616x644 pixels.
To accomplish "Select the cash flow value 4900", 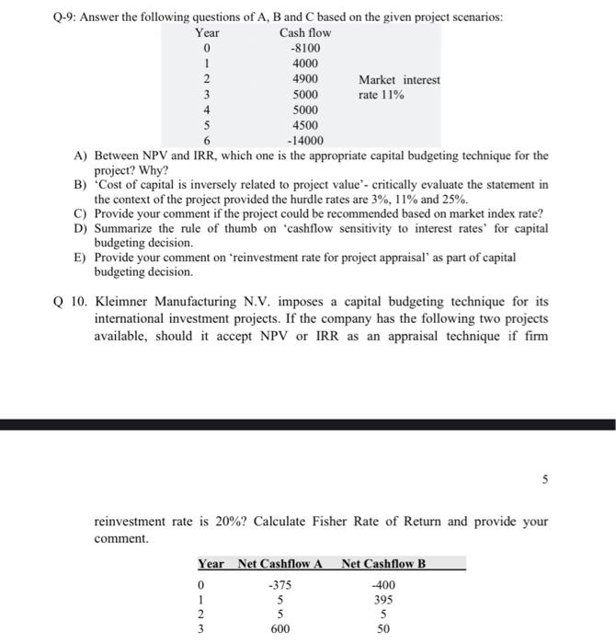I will [x=305, y=79].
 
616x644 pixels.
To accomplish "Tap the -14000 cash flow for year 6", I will [x=305, y=141].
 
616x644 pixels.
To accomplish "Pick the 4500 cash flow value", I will [x=305, y=125].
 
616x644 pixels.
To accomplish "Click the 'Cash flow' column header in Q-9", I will [x=305, y=32].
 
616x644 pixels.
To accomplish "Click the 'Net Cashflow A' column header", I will [x=278, y=563].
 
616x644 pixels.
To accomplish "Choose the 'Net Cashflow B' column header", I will [x=383, y=563].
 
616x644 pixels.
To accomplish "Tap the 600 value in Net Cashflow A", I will [x=275, y=629].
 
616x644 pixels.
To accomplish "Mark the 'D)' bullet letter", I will [x=80, y=228].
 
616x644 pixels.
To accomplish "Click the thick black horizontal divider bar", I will [x=308, y=424].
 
